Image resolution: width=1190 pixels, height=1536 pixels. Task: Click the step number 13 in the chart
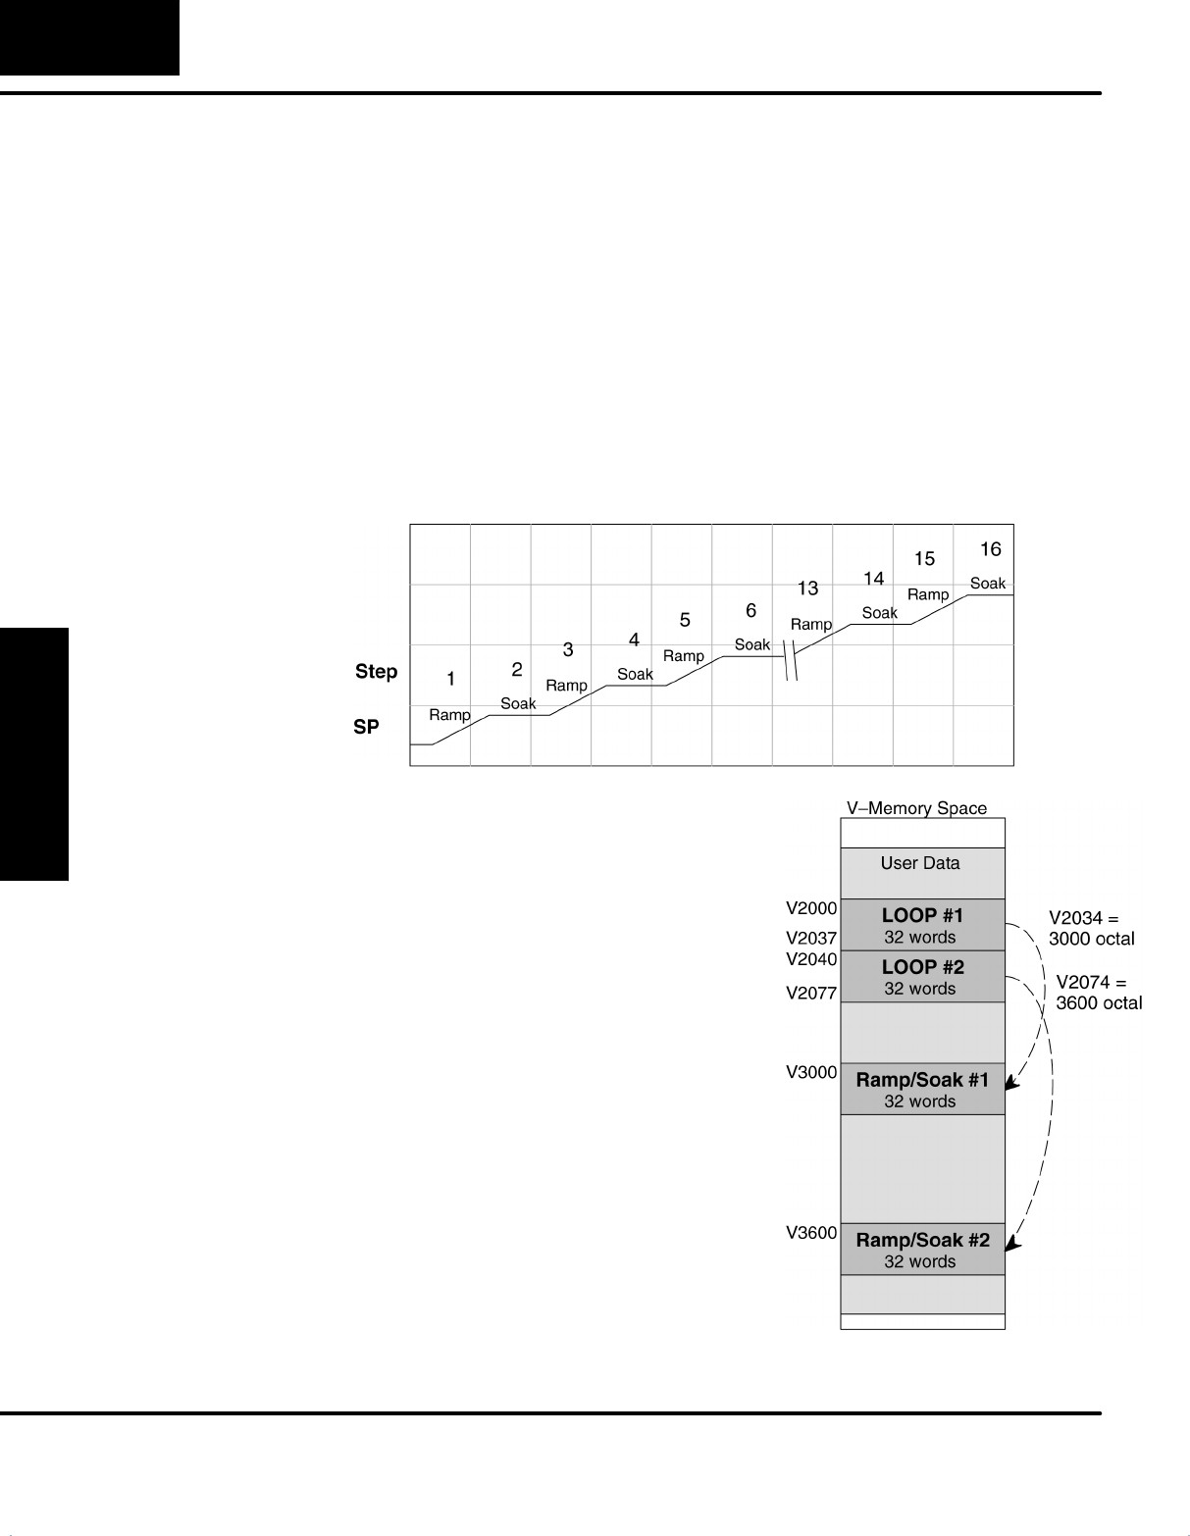click(807, 589)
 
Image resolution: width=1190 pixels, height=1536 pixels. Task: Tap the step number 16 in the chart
click(990, 549)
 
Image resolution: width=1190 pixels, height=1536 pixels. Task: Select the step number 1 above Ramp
click(450, 679)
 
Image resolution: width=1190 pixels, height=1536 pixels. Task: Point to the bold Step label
click(376, 672)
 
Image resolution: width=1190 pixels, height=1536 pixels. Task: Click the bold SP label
click(366, 728)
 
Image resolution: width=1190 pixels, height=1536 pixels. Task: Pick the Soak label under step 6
click(752, 644)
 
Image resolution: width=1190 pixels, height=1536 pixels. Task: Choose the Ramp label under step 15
click(927, 594)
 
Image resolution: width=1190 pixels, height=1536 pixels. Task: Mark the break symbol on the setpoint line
click(792, 659)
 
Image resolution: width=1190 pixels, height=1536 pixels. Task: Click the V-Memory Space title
click(916, 808)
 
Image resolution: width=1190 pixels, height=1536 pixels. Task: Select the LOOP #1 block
click(922, 925)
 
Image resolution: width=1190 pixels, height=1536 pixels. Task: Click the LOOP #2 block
click(922, 976)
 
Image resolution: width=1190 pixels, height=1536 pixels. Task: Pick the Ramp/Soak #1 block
click(922, 1089)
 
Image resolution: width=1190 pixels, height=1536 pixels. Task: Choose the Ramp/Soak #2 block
click(922, 1249)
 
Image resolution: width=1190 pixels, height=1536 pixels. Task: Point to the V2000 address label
click(811, 909)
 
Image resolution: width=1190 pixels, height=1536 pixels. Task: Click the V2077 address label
click(811, 993)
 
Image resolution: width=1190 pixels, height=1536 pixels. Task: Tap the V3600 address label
click(811, 1234)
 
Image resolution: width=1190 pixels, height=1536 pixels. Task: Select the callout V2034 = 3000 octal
click(1090, 929)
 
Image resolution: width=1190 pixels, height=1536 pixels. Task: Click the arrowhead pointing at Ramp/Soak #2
click(1013, 1244)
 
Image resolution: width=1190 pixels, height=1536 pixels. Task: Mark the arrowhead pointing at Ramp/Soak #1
click(1013, 1084)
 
